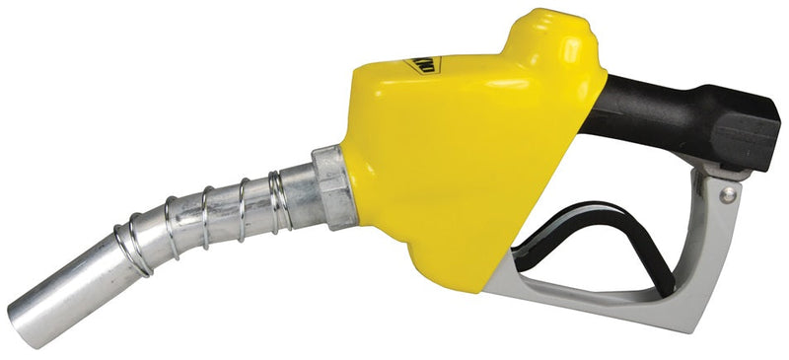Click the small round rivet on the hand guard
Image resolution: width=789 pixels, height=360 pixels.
coord(727,196)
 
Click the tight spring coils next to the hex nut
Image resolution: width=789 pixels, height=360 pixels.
coord(286,197)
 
